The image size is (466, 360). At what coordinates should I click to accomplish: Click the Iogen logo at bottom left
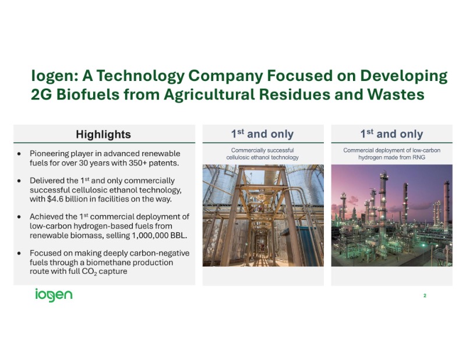[53, 295]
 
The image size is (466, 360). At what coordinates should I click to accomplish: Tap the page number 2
[425, 296]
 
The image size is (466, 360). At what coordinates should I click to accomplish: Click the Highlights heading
[104, 135]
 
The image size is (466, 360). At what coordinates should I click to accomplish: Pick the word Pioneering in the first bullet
[54, 153]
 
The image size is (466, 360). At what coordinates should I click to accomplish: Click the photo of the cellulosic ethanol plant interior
[263, 215]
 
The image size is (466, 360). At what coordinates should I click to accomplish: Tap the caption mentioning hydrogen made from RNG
[391, 153]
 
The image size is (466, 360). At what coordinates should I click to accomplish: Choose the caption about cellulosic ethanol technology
[263, 153]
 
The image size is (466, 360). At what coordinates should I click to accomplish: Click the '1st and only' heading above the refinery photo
[391, 134]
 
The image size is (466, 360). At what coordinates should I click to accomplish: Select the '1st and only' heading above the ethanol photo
[263, 134]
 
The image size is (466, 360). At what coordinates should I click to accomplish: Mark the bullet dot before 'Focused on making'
[20, 253]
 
